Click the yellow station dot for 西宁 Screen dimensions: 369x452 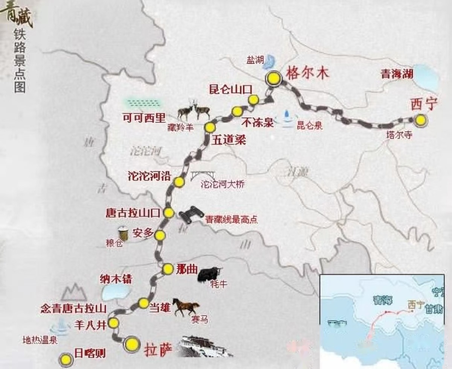tap(420, 120)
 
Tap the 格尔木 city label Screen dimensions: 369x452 tap(308, 73)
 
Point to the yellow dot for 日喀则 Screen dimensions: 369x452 tap(66, 359)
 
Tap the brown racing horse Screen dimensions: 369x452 tap(186, 307)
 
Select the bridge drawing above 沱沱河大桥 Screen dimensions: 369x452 tap(204, 175)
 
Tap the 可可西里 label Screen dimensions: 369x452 tap(144, 118)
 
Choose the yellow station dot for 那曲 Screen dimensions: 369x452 tap(168, 269)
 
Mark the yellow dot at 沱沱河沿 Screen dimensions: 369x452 tap(179, 182)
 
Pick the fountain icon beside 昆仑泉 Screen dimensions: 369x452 tap(287, 116)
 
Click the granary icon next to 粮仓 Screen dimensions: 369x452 tap(123, 232)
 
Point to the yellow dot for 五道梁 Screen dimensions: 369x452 tap(210, 127)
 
